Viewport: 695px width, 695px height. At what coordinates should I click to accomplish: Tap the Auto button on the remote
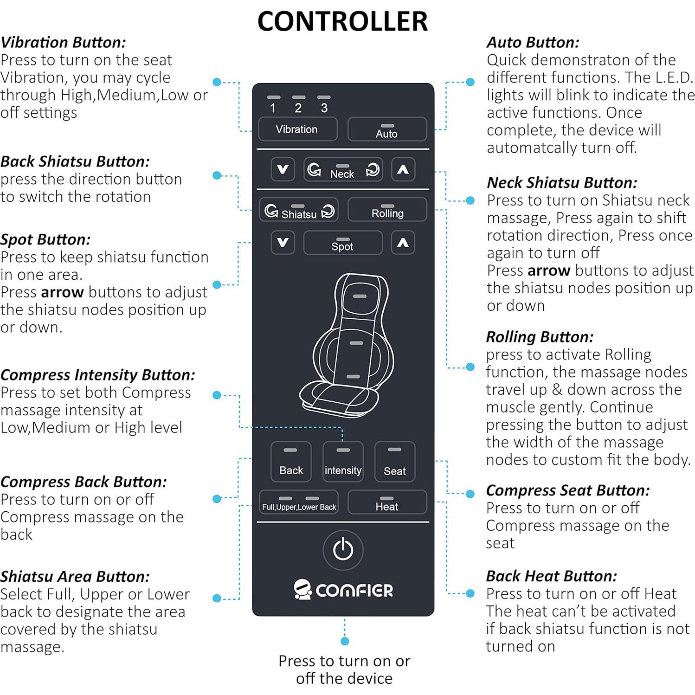tap(387, 129)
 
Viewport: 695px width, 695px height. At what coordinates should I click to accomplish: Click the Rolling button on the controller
tap(387, 209)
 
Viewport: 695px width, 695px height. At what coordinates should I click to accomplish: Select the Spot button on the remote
tap(342, 243)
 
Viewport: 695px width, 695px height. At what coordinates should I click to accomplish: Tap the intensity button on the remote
tap(343, 462)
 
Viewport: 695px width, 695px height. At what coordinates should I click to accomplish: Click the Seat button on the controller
tap(394, 462)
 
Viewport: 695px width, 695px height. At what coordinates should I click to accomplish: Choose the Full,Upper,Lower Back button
tap(298, 502)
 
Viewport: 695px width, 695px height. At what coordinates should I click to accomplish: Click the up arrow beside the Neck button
tap(403, 169)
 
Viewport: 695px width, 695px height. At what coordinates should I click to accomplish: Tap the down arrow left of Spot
tap(283, 243)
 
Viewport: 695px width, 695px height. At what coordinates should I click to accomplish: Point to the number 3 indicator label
tap(324, 108)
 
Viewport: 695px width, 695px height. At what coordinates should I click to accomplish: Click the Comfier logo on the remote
tap(343, 590)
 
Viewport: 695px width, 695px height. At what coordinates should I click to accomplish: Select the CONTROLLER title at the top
tap(343, 21)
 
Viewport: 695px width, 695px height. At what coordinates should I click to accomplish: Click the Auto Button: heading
tap(533, 43)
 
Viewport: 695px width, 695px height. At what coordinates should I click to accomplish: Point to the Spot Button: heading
tap(45, 240)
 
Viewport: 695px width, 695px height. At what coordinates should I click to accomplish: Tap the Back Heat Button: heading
tap(552, 576)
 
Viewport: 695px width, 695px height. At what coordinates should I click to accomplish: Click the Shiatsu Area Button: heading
tap(75, 577)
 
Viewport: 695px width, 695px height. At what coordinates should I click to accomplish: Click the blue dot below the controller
tap(345, 641)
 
